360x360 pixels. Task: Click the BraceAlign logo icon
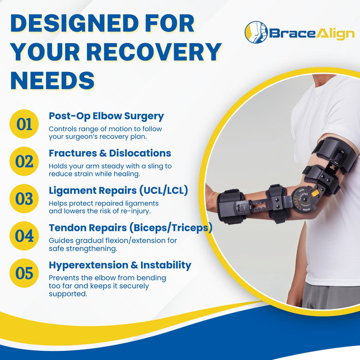pyautogui.click(x=256, y=32)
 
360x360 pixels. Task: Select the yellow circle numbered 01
pyautogui.click(x=24, y=124)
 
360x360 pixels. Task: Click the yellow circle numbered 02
pyautogui.click(x=24, y=161)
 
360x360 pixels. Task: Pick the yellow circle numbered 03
pyautogui.click(x=24, y=199)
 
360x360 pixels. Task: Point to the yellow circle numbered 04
pyautogui.click(x=24, y=236)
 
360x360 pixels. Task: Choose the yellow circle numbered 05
pyautogui.click(x=24, y=273)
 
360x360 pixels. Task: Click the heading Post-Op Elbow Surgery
pyautogui.click(x=106, y=116)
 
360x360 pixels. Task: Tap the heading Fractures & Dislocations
pyautogui.click(x=110, y=153)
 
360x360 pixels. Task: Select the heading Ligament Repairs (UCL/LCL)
pyautogui.click(x=118, y=190)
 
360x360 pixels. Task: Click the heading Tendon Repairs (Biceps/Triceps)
pyautogui.click(x=130, y=228)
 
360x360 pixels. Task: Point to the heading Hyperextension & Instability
pyautogui.click(x=120, y=265)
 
